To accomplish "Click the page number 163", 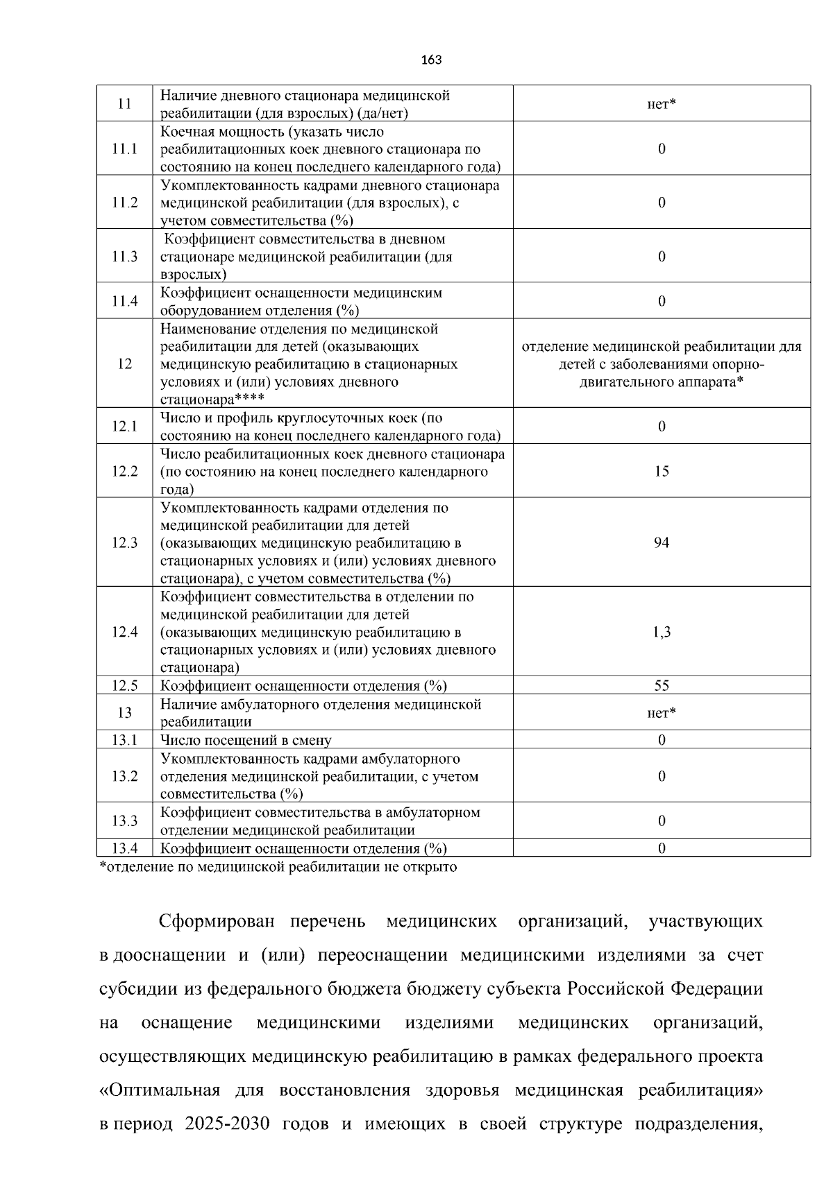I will pyautogui.click(x=431, y=60).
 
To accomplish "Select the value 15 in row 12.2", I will pyautogui.click(x=662, y=471).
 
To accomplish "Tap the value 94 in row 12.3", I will pyautogui.click(x=662, y=542).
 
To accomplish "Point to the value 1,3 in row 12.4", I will pyautogui.click(x=662, y=632).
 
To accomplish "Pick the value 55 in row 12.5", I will pyautogui.click(x=662, y=685).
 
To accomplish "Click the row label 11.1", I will pyautogui.click(x=124, y=149).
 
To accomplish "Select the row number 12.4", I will pyautogui.click(x=124, y=632).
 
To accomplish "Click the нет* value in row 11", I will pyautogui.click(x=662, y=104).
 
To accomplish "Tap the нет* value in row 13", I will pyautogui.click(x=662, y=713).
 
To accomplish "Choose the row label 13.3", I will pyautogui.click(x=124, y=821).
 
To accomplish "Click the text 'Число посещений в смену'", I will pyautogui.click(x=246, y=740).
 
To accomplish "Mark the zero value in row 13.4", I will pyautogui.click(x=662, y=848).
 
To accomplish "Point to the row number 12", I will pyautogui.click(x=124, y=363).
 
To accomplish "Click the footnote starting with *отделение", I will pyautogui.click(x=278, y=867).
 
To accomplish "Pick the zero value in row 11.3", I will pyautogui.click(x=662, y=257).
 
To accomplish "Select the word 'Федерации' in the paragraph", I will pyautogui.click(x=716, y=989).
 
